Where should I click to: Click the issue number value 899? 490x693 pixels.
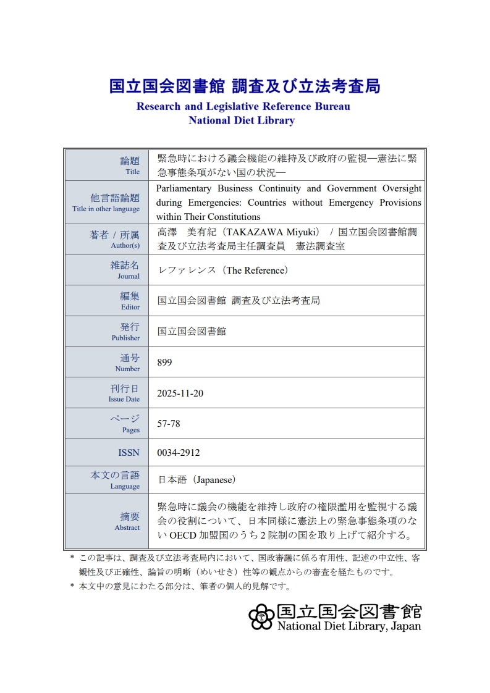click(x=164, y=363)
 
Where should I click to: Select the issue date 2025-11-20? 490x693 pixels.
click(x=180, y=393)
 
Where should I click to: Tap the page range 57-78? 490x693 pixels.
click(x=169, y=424)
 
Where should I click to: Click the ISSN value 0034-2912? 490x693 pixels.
click(x=179, y=453)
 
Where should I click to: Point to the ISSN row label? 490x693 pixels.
click(x=129, y=453)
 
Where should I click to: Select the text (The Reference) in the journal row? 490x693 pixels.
click(x=256, y=270)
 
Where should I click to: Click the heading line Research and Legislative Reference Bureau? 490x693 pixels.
click(x=243, y=106)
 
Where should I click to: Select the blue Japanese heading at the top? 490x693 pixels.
click(x=245, y=86)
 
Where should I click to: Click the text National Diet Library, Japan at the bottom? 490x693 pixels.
click(x=349, y=626)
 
